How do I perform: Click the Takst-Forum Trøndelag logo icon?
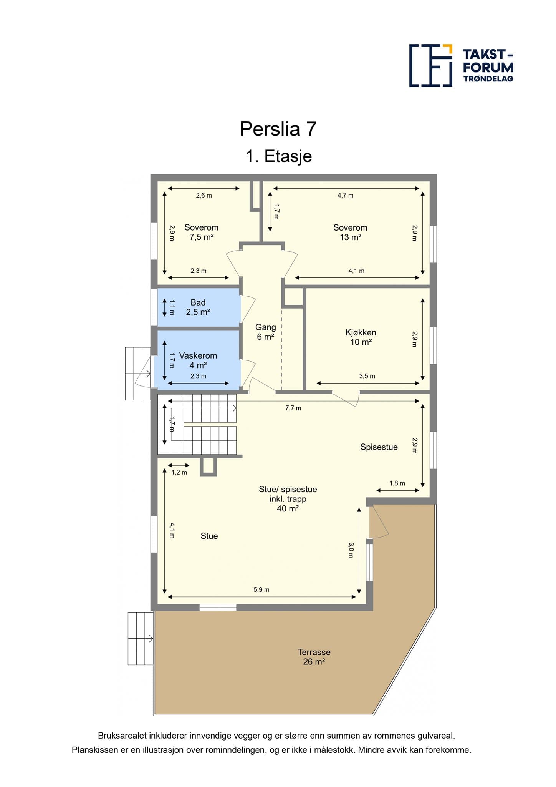[x=430, y=65]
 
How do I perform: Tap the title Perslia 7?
[x=278, y=129]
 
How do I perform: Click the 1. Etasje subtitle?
[x=279, y=156]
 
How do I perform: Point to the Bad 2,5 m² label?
[x=198, y=307]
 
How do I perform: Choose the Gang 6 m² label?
[x=266, y=332]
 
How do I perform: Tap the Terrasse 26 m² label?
[x=314, y=657]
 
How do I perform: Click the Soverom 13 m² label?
[x=350, y=232]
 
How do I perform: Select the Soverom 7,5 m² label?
[x=202, y=232]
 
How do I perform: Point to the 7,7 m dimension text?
[x=293, y=408]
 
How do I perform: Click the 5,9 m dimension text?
[x=261, y=590]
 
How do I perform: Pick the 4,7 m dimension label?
[x=346, y=196]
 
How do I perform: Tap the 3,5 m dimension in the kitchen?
[x=367, y=376]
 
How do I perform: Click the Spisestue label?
[x=379, y=447]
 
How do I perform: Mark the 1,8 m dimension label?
[x=397, y=483]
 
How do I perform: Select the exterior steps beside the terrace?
[x=141, y=638]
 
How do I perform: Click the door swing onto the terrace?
[x=379, y=521]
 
